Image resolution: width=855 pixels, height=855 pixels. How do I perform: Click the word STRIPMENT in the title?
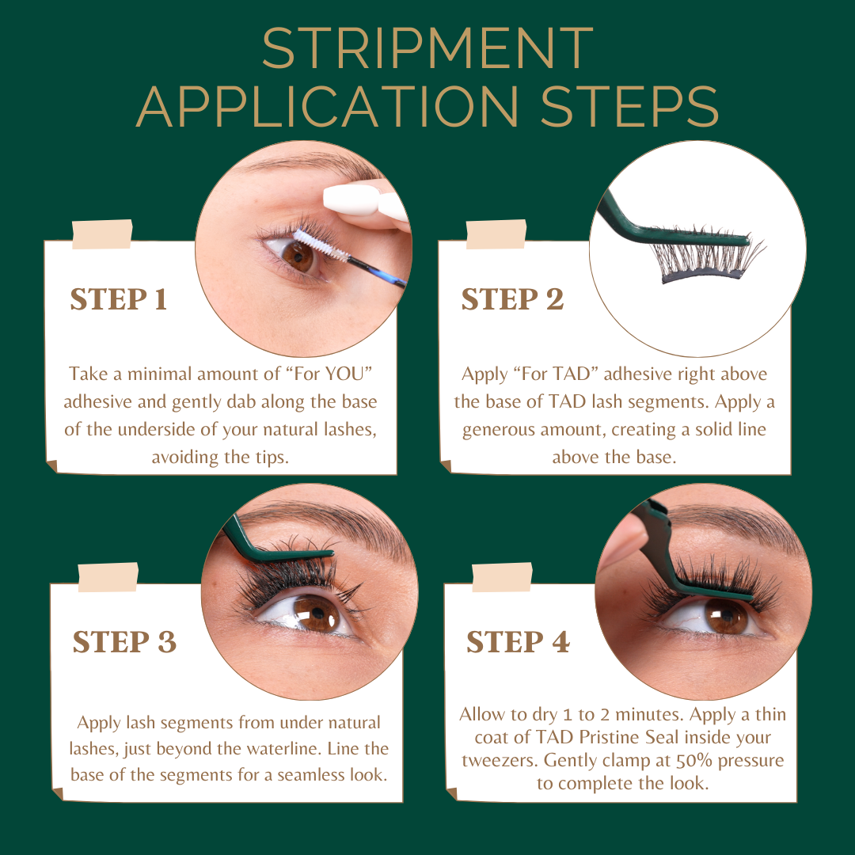[427, 49]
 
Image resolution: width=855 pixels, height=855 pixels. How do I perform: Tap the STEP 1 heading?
[119, 300]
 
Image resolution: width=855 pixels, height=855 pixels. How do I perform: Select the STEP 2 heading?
[512, 300]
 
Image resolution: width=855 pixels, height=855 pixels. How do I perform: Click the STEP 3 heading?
[124, 642]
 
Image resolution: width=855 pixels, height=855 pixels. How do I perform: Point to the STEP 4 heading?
[518, 642]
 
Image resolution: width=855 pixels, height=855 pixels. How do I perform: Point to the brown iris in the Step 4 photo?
[726, 615]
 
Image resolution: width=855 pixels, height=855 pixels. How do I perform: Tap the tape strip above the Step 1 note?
[102, 234]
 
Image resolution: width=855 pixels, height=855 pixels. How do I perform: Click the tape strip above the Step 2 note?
[496, 234]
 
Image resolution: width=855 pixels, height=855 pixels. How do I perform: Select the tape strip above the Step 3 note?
[108, 577]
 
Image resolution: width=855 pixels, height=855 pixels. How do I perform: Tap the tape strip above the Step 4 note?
[501, 577]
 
